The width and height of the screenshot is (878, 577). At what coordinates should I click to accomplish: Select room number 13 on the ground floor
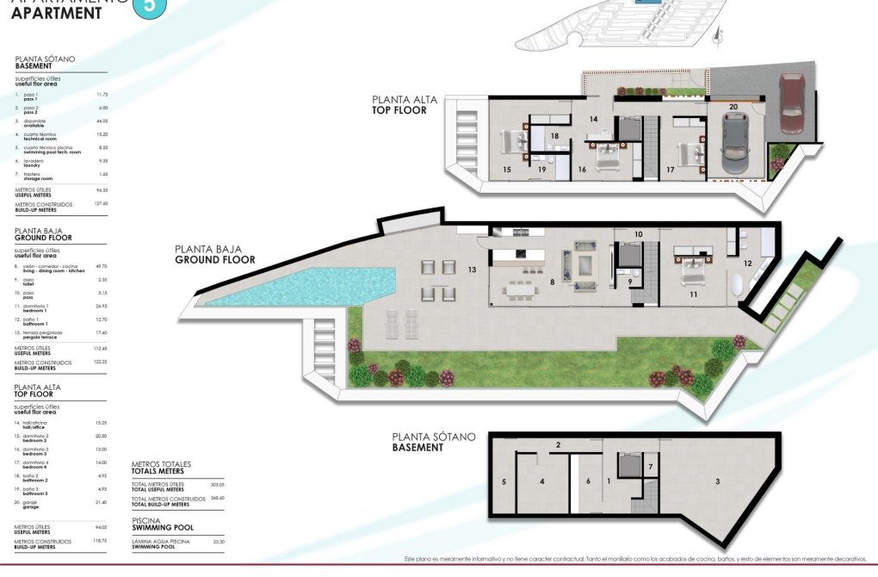pyautogui.click(x=472, y=270)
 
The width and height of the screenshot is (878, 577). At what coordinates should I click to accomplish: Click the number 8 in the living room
pyautogui.click(x=552, y=280)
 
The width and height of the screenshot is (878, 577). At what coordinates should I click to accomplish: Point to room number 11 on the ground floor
pyautogui.click(x=693, y=295)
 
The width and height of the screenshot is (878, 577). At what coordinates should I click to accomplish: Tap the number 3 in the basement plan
pyautogui.click(x=717, y=481)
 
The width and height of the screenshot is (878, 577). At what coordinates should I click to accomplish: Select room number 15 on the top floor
pyautogui.click(x=507, y=171)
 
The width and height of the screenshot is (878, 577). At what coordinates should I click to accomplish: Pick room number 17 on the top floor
pyautogui.click(x=670, y=171)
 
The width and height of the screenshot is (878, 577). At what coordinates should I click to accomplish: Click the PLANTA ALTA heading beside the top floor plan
pyautogui.click(x=404, y=100)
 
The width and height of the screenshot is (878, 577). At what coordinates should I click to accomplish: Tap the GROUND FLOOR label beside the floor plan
pyautogui.click(x=214, y=259)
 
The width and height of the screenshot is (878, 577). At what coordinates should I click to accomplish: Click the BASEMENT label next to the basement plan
pyautogui.click(x=417, y=448)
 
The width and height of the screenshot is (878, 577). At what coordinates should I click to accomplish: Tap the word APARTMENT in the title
pyautogui.click(x=57, y=14)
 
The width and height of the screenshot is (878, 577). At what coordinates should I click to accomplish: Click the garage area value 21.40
pyautogui.click(x=100, y=502)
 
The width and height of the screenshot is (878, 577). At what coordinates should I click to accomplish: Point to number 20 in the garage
pyautogui.click(x=733, y=108)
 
